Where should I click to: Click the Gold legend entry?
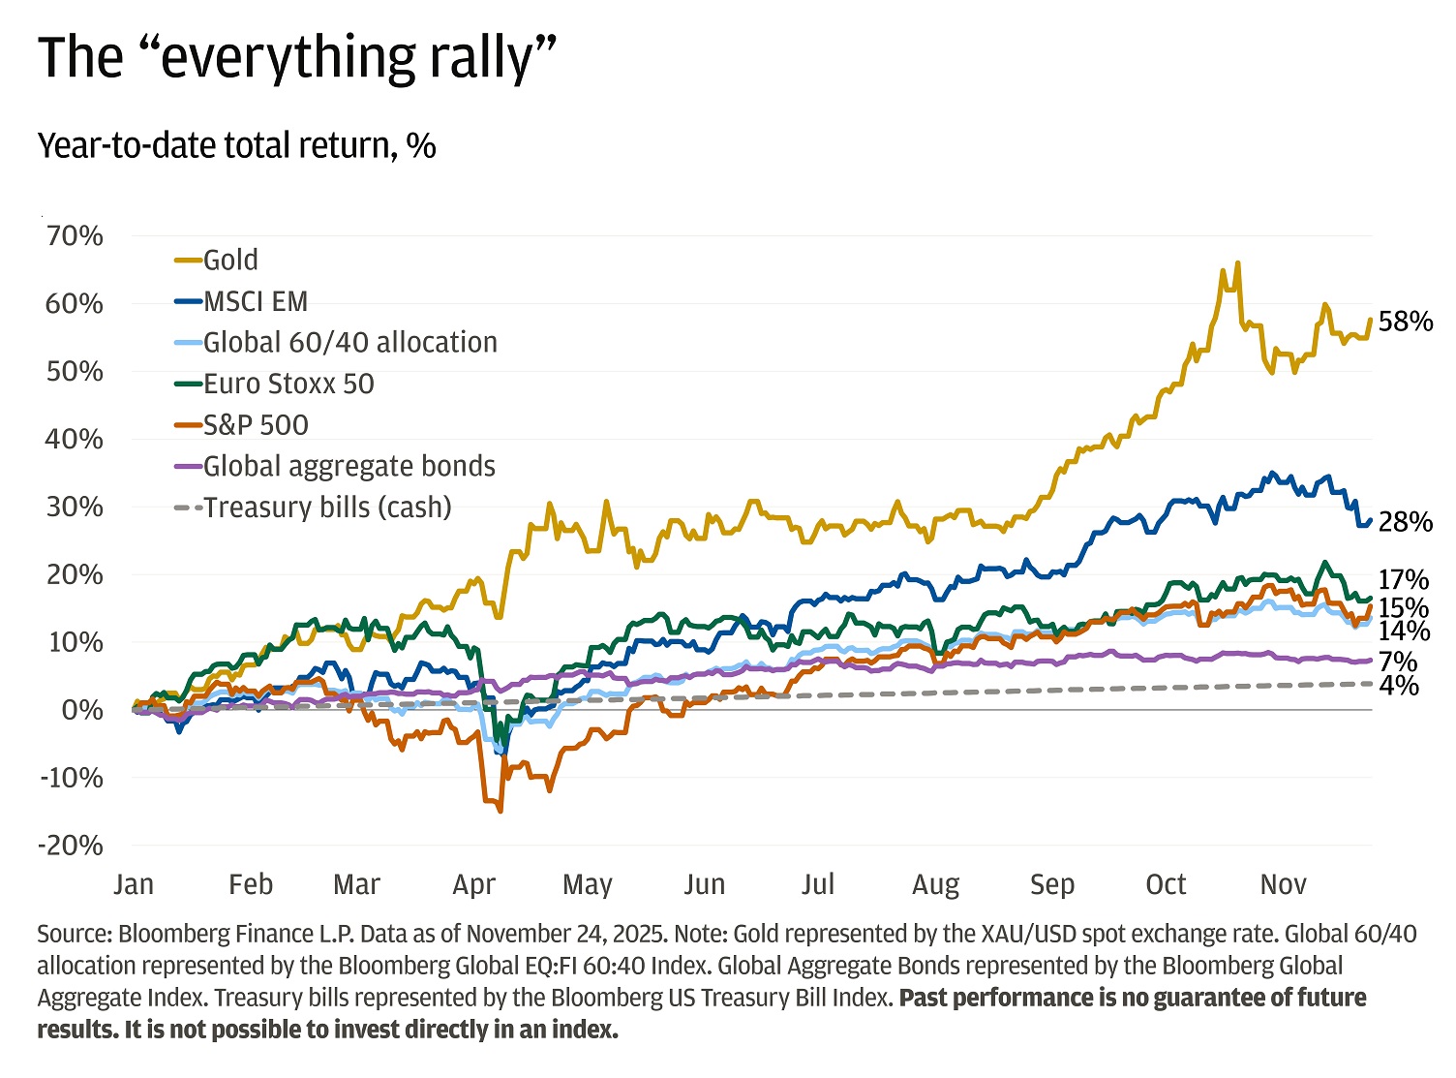pyautogui.click(x=230, y=260)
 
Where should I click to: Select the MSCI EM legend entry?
pyautogui.click(x=255, y=301)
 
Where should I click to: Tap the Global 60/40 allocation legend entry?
pyautogui.click(x=349, y=342)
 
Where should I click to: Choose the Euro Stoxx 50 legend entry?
pyautogui.click(x=288, y=384)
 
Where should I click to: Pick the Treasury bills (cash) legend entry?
pyautogui.click(x=327, y=508)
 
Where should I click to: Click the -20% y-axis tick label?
pyautogui.click(x=70, y=845)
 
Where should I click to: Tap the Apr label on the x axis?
pyautogui.click(x=473, y=884)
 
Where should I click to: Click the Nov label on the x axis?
pyautogui.click(x=1283, y=884)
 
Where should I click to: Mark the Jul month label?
pyautogui.click(x=818, y=884)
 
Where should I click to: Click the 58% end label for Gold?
pyautogui.click(x=1405, y=322)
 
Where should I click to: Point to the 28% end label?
pyautogui.click(x=1405, y=522)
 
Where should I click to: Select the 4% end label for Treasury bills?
pyautogui.click(x=1399, y=686)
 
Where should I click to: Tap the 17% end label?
pyautogui.click(x=1404, y=579)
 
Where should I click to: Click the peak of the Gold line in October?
pyautogui.click(x=1237, y=263)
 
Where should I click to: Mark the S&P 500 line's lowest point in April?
pyautogui.click(x=500, y=810)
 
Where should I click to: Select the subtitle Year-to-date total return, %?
pyautogui.click(x=236, y=145)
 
